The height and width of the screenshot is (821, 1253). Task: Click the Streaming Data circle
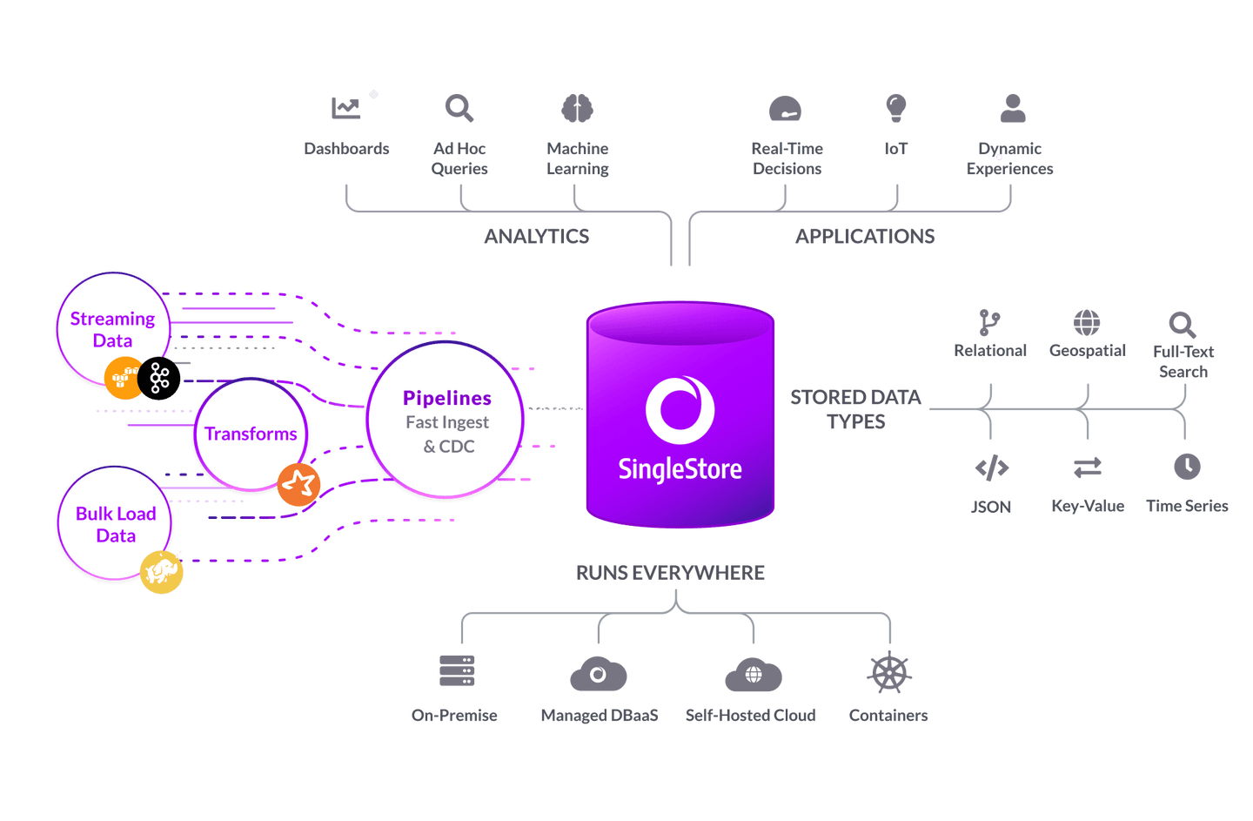coord(112,329)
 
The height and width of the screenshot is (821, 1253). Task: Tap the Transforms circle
coord(251,434)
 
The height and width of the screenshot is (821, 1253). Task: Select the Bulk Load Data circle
coord(115,523)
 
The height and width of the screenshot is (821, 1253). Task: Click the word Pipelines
coord(447,398)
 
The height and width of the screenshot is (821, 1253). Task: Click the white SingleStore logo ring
coord(680,409)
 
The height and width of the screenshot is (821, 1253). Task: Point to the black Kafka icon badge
coord(159,379)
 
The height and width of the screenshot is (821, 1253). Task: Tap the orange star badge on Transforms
coord(298,484)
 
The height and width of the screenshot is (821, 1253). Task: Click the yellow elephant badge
coord(162,572)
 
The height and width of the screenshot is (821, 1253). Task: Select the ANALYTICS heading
coord(537,236)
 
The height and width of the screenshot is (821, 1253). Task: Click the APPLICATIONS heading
coord(865,236)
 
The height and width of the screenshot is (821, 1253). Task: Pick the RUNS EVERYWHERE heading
coord(670,573)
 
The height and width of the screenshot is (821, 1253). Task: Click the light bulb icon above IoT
coord(895,108)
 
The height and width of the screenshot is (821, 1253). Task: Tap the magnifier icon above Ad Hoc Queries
coord(459,109)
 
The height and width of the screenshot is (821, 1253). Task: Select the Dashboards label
coord(346,149)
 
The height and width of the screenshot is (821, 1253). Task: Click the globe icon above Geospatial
coord(1087,322)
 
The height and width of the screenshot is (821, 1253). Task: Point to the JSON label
coord(991,507)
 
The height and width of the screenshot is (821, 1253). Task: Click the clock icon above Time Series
coord(1187,467)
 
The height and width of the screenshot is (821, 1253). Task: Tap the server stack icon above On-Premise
coord(457,670)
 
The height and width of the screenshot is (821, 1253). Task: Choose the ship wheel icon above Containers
coord(888,673)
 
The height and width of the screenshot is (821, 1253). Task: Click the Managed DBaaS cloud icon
coord(598,675)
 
